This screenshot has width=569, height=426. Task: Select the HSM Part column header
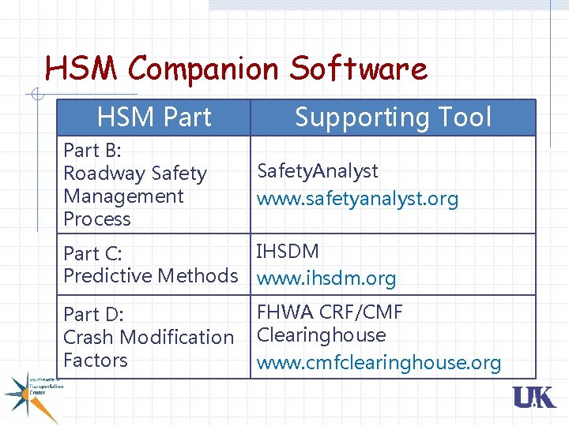(154, 118)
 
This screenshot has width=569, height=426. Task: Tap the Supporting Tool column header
(393, 118)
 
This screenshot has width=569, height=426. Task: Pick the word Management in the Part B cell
(123, 196)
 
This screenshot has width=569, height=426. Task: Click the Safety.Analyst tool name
(318, 170)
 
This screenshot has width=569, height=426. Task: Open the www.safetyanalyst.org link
(357, 199)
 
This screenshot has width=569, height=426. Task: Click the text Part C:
(92, 253)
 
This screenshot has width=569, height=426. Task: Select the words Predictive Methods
(150, 275)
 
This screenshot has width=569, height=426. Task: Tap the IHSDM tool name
(288, 252)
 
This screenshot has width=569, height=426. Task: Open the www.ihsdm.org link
(326, 278)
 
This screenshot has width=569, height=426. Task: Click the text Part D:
(93, 314)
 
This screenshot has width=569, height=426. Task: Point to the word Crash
(89, 337)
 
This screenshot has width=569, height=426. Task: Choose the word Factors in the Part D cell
(95, 360)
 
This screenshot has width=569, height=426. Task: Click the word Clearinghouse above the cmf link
(322, 334)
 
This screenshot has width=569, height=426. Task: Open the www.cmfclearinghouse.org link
(379, 363)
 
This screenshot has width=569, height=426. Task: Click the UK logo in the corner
(534, 398)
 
